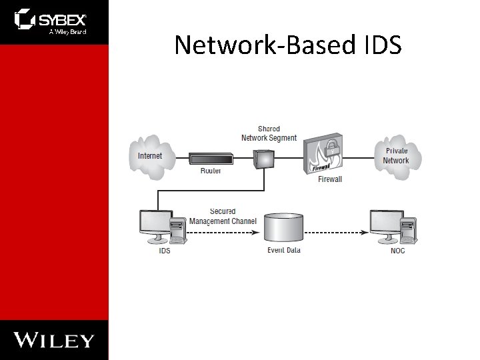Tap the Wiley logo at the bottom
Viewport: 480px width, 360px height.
(54, 340)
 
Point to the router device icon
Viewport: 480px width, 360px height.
(211, 159)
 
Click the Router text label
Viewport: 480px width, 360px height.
(211, 171)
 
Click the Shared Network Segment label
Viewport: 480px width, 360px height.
(269, 133)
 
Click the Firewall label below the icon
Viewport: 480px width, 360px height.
(330, 179)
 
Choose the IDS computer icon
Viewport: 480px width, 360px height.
(162, 227)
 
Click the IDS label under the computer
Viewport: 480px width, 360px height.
(164, 251)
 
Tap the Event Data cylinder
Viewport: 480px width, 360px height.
(283, 228)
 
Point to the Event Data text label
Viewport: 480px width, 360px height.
(284, 251)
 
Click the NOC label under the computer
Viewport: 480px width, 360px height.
(397, 251)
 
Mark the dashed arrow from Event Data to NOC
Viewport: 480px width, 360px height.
(337, 233)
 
